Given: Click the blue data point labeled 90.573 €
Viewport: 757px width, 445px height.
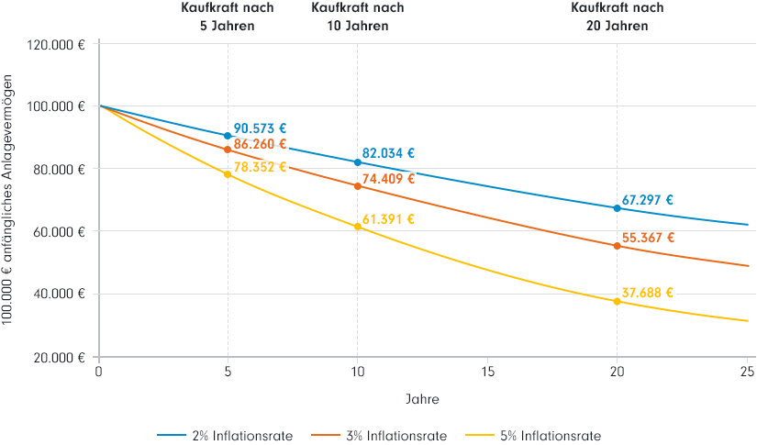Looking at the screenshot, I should coord(228,136).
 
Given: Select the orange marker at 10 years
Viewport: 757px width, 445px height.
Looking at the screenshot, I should coord(358,186).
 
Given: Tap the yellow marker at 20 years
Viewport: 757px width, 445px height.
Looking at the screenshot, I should coord(617,301).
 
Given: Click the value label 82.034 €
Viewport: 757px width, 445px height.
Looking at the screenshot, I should coord(388,154).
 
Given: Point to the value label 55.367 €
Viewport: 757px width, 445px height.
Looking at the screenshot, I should coord(648,238).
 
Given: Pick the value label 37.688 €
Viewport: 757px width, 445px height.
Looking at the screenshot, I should coord(648,294).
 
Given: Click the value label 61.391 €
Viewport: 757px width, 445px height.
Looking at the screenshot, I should coord(388,219).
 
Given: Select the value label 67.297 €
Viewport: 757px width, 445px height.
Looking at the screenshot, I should coord(648,199).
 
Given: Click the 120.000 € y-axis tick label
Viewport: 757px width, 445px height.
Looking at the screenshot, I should coord(57,44).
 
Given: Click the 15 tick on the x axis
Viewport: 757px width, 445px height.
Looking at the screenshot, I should coord(487,372).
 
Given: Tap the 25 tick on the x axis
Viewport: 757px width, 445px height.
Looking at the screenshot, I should coord(747,372).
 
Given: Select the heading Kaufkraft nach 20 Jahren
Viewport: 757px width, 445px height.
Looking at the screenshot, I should coord(617,17).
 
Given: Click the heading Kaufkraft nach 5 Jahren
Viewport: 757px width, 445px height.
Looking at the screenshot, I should coord(228,17).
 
